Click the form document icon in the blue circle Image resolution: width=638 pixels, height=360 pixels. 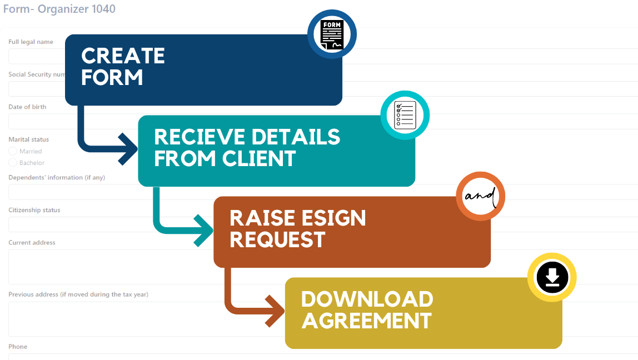pyautogui.click(x=332, y=34)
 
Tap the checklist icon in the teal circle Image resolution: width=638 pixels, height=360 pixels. pyautogui.click(x=405, y=115)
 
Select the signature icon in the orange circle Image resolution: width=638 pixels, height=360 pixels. pyautogui.click(x=480, y=197)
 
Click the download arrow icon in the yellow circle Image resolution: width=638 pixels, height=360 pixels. pyautogui.click(x=552, y=277)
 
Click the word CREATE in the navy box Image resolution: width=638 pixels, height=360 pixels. pyautogui.click(x=123, y=56)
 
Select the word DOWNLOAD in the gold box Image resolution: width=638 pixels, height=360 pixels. pyautogui.click(x=367, y=299)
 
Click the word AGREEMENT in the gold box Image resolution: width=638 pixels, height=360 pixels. pyautogui.click(x=366, y=321)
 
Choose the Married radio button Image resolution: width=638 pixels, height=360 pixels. pyautogui.click(x=13, y=151)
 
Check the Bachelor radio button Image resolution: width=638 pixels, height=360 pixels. pyautogui.click(x=13, y=163)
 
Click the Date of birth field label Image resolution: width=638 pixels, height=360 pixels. pyautogui.click(x=27, y=107)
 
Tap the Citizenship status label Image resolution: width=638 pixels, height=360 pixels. pyautogui.click(x=34, y=210)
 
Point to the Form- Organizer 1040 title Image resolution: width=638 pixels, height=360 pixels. pyautogui.click(x=59, y=9)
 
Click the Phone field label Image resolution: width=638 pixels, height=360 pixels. pyautogui.click(x=18, y=347)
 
